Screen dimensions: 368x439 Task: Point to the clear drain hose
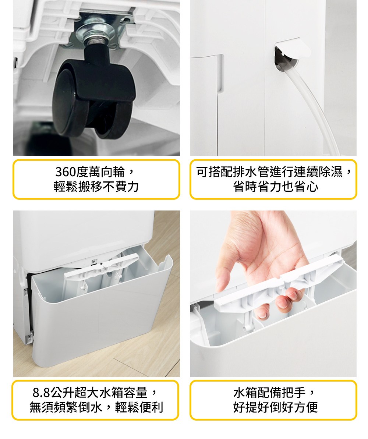pyautogui.click(x=314, y=106)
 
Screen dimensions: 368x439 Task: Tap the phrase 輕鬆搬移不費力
pyautogui.click(x=96, y=187)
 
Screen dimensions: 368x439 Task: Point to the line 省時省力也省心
pyautogui.click(x=276, y=187)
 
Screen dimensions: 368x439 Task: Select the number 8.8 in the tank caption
pyautogui.click(x=41, y=393)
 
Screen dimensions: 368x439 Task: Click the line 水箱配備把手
pyautogui.click(x=269, y=393)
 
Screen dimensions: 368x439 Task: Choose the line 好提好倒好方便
pyautogui.click(x=276, y=407)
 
